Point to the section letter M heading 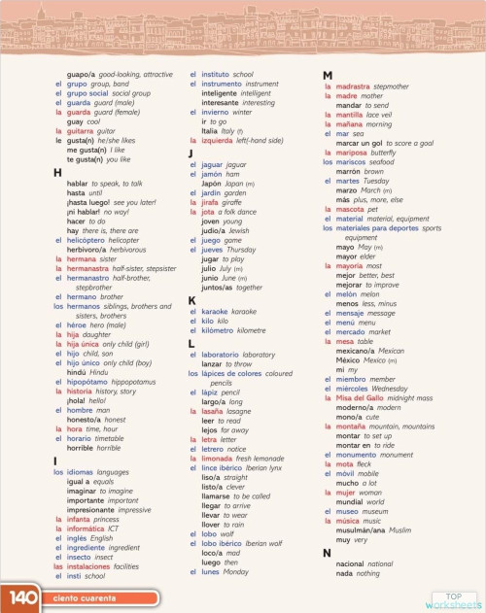(x=328, y=76)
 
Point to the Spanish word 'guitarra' (x=81, y=130)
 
